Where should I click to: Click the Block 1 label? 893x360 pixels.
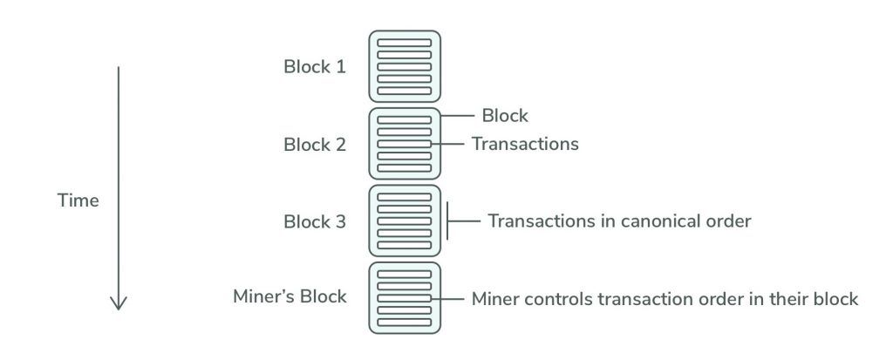point(315,66)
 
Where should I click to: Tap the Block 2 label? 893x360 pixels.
point(315,144)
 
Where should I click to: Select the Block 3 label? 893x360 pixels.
point(315,221)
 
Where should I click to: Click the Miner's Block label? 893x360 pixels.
point(290,296)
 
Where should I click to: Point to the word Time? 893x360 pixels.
point(78,200)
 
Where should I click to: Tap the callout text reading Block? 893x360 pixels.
point(506,115)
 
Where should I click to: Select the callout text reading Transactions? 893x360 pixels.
point(525,143)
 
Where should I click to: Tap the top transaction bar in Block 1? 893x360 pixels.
point(404,42)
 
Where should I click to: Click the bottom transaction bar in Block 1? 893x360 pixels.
point(404,91)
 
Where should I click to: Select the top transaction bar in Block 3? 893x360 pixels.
point(404,197)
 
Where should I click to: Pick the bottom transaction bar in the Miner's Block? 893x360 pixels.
point(404,323)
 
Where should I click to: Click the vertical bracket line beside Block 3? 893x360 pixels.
point(447,221)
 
